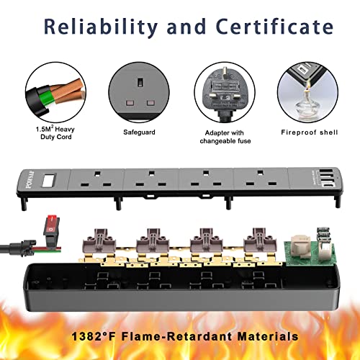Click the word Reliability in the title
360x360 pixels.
coord(101,27)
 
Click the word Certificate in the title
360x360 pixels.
coord(274,26)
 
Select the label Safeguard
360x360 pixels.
coord(139,132)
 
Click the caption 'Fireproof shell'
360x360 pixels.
coord(310,132)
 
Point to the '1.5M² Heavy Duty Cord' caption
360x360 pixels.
coord(55,132)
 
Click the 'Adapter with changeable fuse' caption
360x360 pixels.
coord(225,137)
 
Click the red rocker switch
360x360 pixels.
coord(52,228)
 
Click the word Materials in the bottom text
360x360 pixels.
coord(268,336)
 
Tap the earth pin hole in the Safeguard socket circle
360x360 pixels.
coord(140,82)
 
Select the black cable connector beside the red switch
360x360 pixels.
coord(23,248)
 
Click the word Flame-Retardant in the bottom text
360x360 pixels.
coord(176,336)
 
